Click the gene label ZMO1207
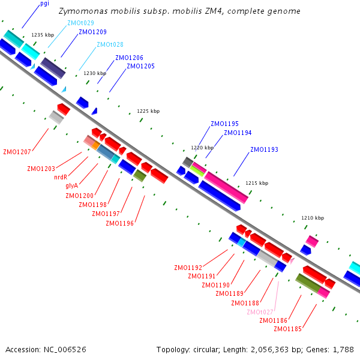tap(17, 152)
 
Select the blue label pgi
tap(44, 4)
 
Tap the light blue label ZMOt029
tap(80, 23)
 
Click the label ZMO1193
tap(265, 149)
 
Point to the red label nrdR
tap(61, 178)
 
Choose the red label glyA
tap(71, 186)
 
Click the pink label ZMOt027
tap(260, 312)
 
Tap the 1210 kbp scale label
tap(312, 218)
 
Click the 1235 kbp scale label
tap(43, 35)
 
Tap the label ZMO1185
tap(287, 329)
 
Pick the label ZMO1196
tap(120, 224)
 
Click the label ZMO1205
tap(140, 66)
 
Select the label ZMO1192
tap(188, 268)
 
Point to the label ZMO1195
tap(224, 124)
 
